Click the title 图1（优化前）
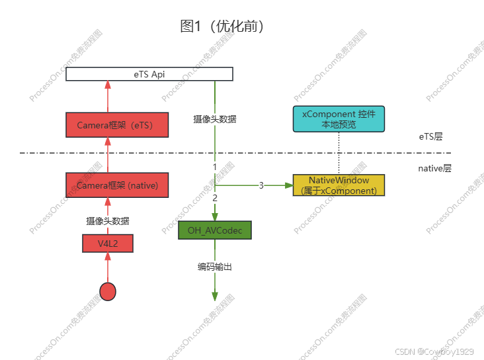pyautogui.click(x=222, y=26)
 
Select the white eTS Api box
pyautogui.click(x=149, y=74)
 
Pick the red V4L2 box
pyautogui.click(x=107, y=244)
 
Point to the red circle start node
pyautogui.click(x=107, y=291)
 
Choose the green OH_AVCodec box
pyautogui.click(x=215, y=230)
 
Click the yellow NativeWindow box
pyautogui.click(x=339, y=185)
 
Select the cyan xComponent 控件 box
pyautogui.click(x=339, y=118)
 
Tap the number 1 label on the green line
pyautogui.click(x=215, y=165)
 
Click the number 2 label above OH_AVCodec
pyautogui.click(x=215, y=197)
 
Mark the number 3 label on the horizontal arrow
pyautogui.click(x=261, y=185)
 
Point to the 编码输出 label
pyautogui.click(x=215, y=267)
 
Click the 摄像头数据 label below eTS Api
pyautogui.click(x=215, y=120)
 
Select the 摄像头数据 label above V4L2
pyautogui.click(x=107, y=221)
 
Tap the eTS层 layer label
pyautogui.click(x=430, y=137)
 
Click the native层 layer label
pyautogui.click(x=434, y=169)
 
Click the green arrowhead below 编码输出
pyautogui.click(x=215, y=296)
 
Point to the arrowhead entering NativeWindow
pyautogui.click(x=288, y=185)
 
